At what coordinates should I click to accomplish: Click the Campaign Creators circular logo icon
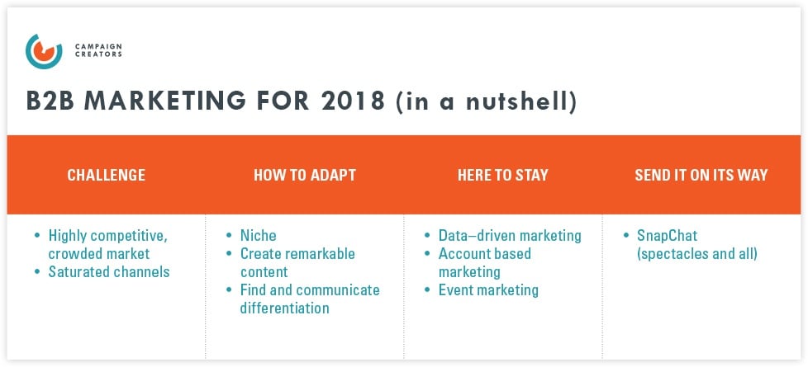(44, 50)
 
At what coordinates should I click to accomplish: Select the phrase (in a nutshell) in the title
(486, 102)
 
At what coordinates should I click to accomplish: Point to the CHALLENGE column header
(106, 175)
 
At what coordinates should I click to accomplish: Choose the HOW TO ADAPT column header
(304, 175)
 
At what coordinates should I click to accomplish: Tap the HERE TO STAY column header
(502, 175)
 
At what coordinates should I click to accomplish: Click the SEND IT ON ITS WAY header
(701, 175)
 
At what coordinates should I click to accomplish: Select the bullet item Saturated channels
(108, 271)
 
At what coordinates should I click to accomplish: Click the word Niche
(258, 236)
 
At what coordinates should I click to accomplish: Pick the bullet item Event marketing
(488, 289)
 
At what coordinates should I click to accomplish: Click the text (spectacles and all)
(696, 253)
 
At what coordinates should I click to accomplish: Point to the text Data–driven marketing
(510, 236)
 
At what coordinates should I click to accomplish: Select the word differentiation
(284, 308)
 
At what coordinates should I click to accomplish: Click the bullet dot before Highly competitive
(37, 236)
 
